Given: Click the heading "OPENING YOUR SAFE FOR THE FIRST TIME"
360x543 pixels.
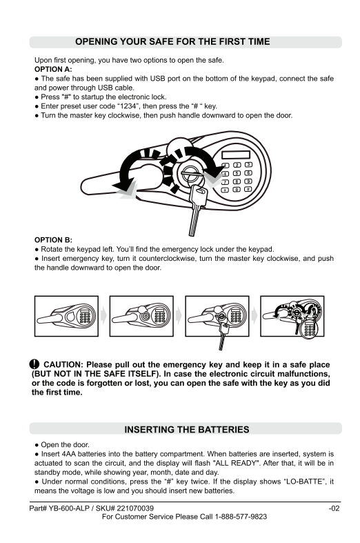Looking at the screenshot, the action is [172, 41].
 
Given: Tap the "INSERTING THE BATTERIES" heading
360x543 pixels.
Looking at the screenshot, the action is [187, 429].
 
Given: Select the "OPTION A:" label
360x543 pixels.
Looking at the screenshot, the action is [53, 69].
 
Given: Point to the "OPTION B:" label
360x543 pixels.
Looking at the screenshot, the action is [53, 240].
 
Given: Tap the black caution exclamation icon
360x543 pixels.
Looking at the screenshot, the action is [34, 364].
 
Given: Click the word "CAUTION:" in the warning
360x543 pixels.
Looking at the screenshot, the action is [63, 365].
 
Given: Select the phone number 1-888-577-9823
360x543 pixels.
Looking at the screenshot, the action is [241, 517].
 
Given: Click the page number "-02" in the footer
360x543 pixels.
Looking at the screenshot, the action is [334, 509].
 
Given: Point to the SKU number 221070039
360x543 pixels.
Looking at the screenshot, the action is [135, 509].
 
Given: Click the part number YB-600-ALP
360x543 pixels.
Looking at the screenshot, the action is [69, 509].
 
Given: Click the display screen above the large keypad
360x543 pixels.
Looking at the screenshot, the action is [236, 155].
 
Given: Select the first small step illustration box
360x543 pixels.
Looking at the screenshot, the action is [66, 316].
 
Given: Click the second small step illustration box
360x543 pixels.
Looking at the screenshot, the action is [141, 316].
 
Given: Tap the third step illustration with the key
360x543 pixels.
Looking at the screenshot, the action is [217, 316].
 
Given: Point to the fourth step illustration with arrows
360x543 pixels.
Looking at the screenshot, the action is [292, 316].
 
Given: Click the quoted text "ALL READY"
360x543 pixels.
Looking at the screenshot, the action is [235, 463].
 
